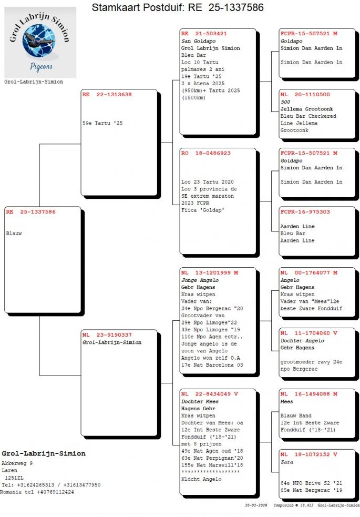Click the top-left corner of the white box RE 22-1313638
click(81, 89)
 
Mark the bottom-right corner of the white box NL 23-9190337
click(157, 435)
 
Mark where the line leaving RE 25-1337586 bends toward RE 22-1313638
click(39, 144)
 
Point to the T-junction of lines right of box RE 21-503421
click(271, 82)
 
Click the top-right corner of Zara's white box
click(355, 449)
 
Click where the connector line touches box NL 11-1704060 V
click(279, 350)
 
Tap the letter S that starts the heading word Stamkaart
click(95, 7)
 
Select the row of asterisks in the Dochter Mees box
click(210, 472)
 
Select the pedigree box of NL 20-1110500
click(317, 114)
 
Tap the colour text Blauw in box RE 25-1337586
click(14, 234)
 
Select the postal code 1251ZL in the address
click(14, 478)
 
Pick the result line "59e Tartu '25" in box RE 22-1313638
click(102, 123)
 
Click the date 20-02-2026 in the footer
click(256, 505)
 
